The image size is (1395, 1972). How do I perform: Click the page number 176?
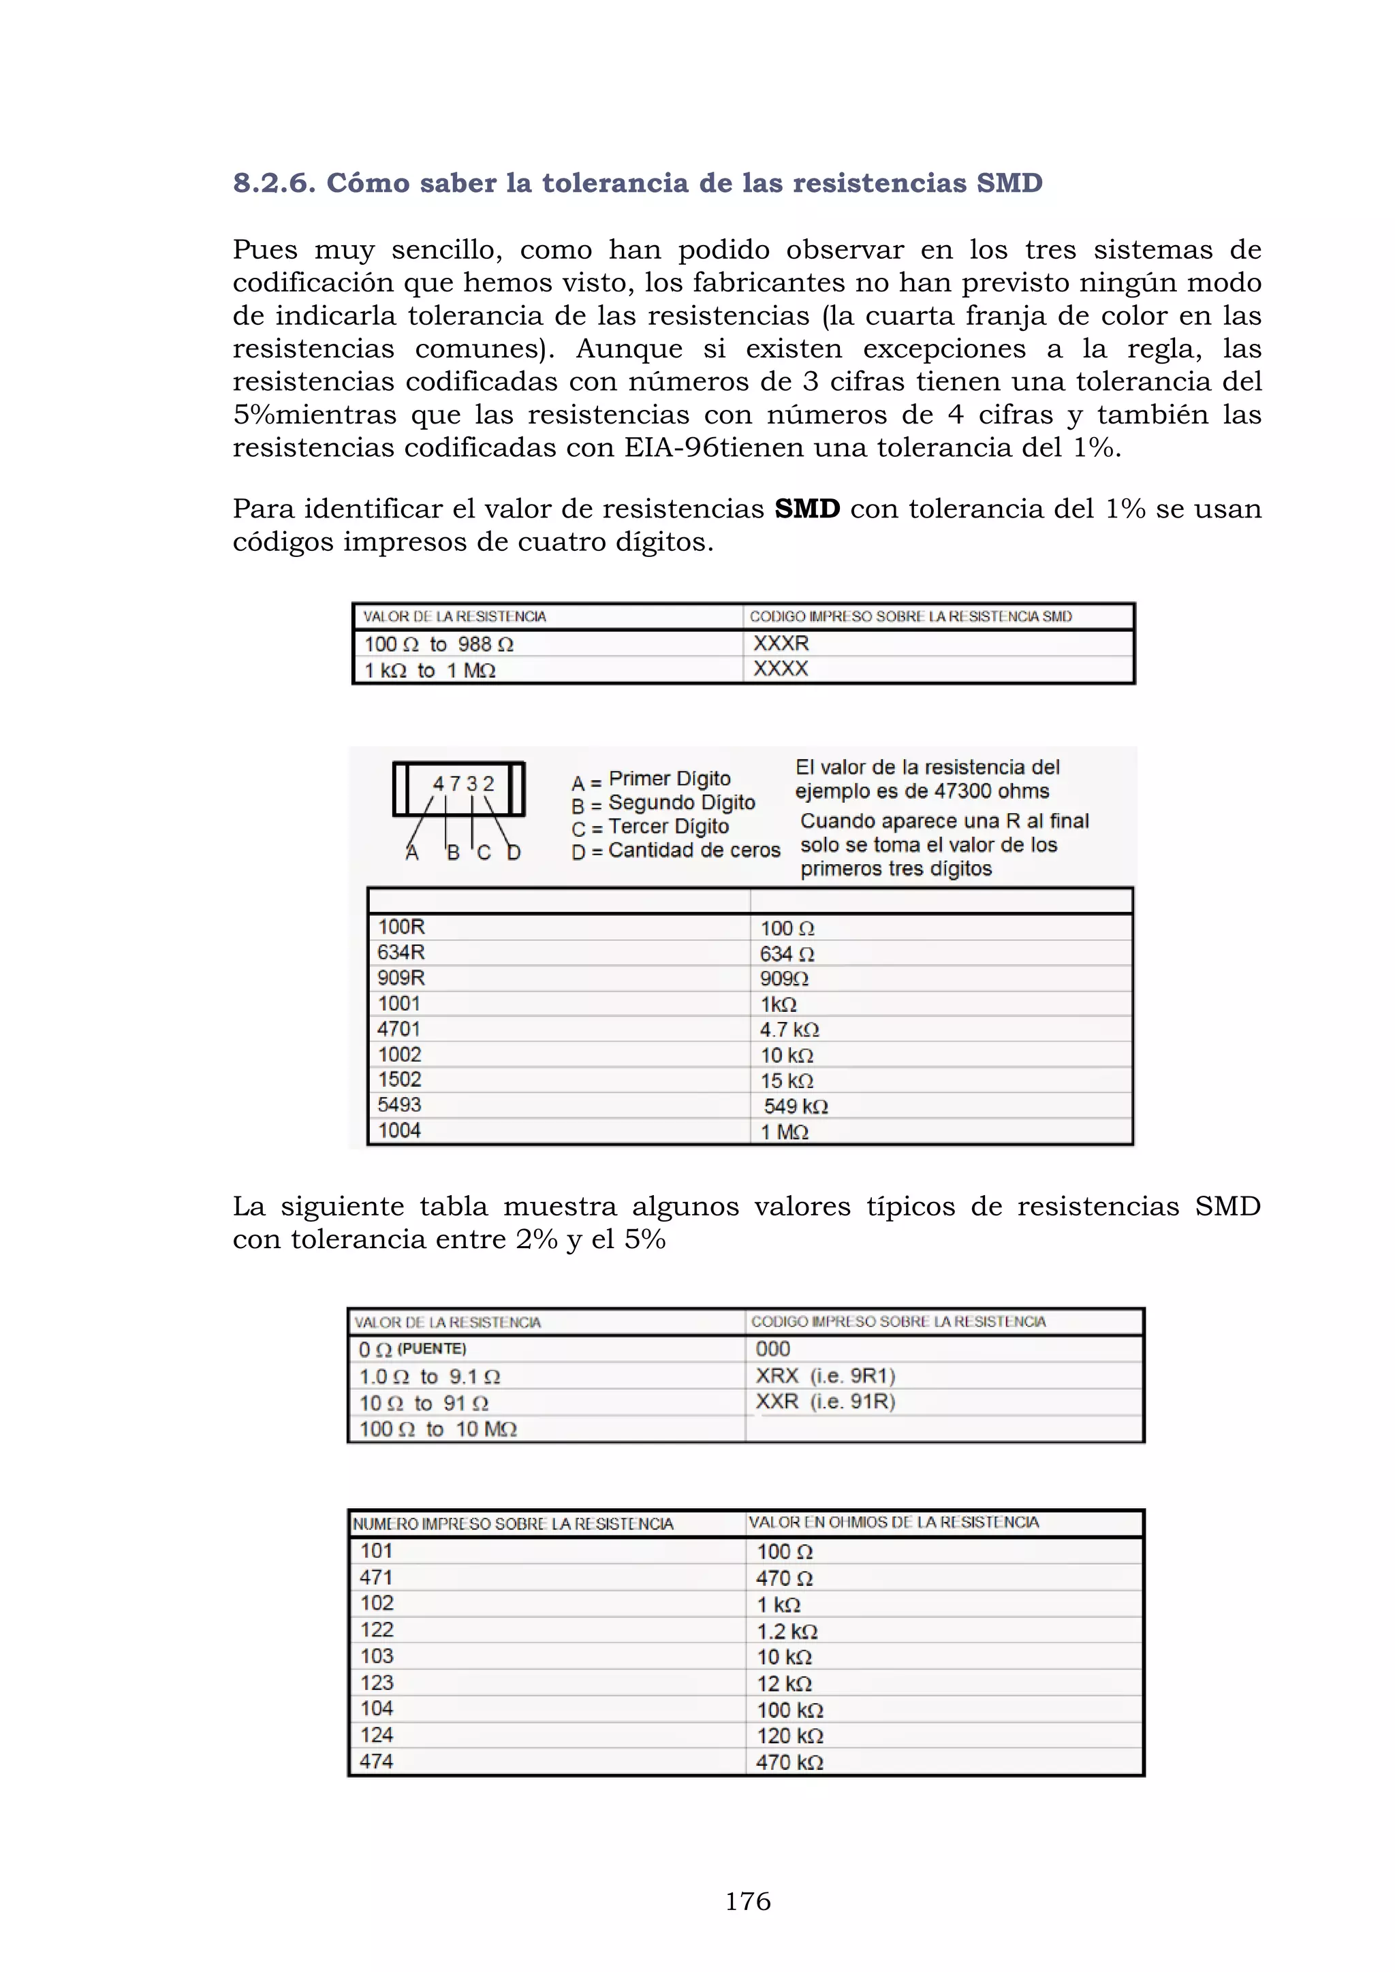(747, 1901)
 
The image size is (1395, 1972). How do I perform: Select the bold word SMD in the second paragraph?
(806, 509)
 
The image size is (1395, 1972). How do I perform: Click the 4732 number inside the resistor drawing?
(463, 783)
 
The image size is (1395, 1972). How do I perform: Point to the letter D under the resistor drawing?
(514, 852)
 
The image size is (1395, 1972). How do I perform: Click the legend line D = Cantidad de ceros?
(675, 850)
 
